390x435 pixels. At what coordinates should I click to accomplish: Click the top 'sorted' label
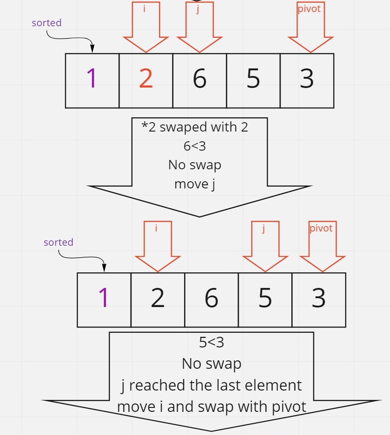point(47,23)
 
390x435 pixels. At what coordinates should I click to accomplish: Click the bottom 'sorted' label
point(58,242)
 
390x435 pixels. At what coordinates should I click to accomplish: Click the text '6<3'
point(195,146)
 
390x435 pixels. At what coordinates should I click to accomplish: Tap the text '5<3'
point(211,342)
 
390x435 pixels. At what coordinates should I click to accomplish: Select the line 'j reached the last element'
point(211,385)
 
